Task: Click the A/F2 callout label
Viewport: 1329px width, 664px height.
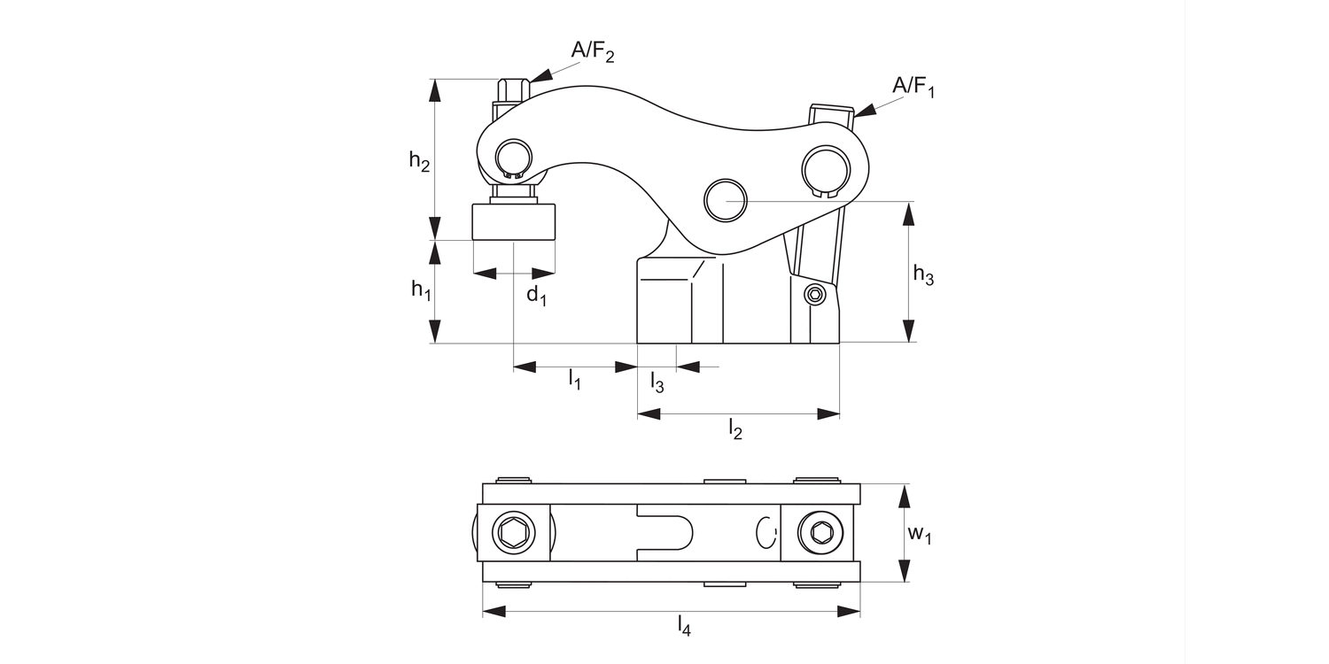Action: [592, 51]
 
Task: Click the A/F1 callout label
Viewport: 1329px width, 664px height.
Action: [913, 87]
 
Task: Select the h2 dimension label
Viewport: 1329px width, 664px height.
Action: [419, 161]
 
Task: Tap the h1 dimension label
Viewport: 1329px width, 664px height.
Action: [421, 290]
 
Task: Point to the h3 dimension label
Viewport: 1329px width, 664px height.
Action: [923, 275]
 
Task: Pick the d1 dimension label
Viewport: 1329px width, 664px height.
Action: [536, 296]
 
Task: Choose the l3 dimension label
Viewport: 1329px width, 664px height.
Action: [657, 382]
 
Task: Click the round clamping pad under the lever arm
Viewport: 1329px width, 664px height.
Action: [514, 221]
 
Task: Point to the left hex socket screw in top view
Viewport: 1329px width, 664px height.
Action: [514, 533]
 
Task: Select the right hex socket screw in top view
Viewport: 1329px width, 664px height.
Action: [820, 533]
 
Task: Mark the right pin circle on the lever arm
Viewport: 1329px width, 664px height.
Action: [824, 166]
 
